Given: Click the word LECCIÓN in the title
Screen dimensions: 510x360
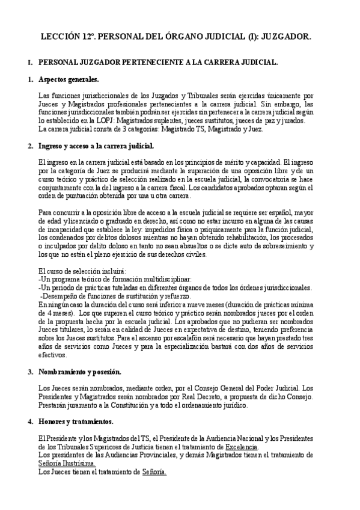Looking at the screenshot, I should (61, 37).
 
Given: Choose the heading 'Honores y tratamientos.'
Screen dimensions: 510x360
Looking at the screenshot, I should (75, 422).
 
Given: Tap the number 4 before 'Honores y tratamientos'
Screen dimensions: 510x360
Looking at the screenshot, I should (29, 422).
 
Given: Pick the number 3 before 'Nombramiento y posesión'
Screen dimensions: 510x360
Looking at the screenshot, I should (29, 372).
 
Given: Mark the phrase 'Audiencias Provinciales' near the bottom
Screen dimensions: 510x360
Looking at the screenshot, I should (139, 455).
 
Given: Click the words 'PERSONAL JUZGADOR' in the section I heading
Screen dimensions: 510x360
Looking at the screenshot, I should (81, 62).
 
